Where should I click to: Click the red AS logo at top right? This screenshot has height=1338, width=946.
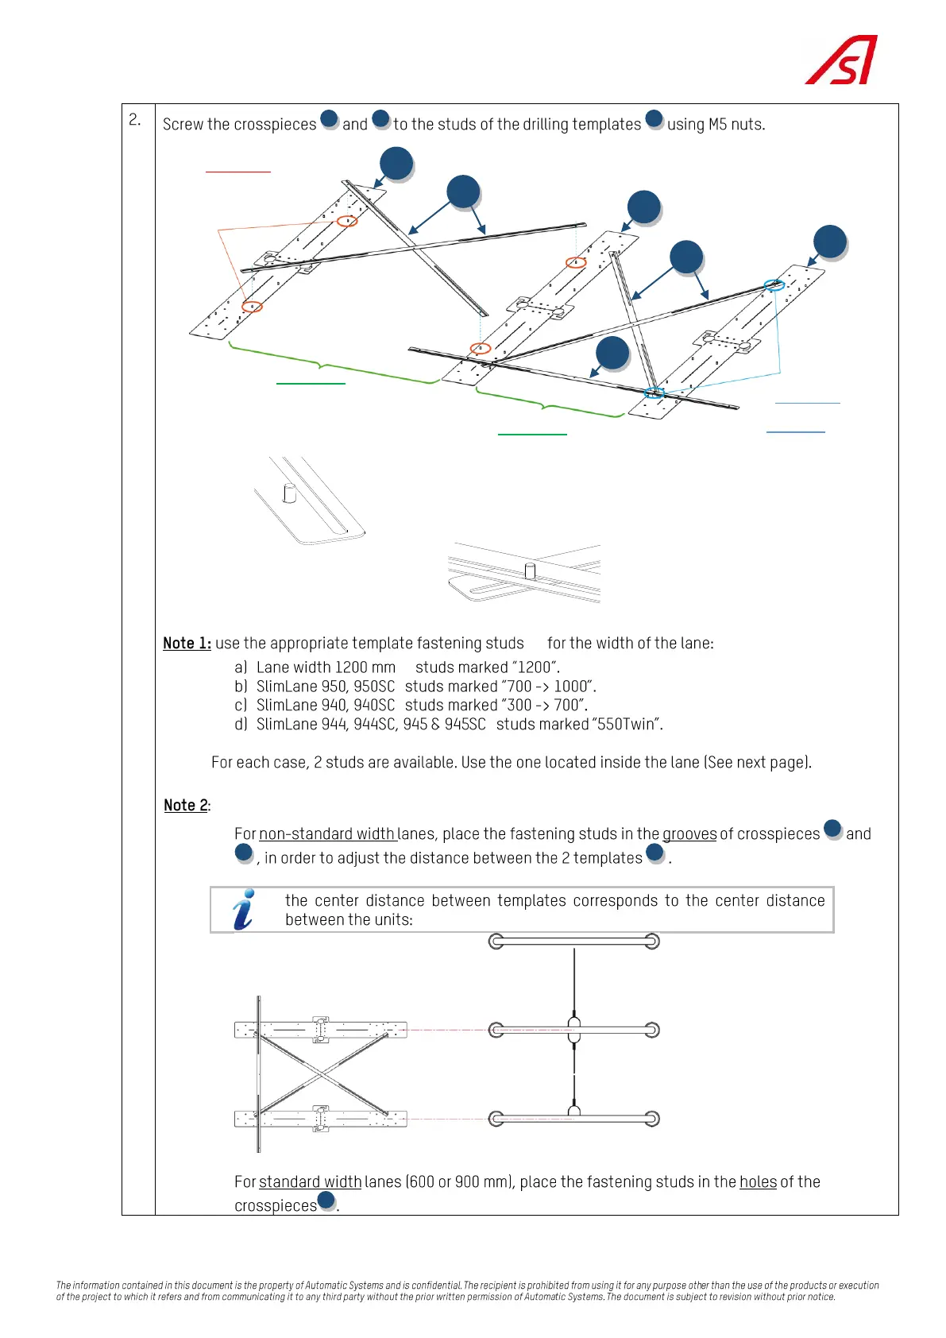[842, 60]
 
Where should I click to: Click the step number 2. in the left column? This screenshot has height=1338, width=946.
[135, 120]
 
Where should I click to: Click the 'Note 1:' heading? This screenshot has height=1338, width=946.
[187, 644]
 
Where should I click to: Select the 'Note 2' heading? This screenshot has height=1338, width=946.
[186, 806]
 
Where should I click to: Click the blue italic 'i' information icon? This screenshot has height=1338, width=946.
[245, 910]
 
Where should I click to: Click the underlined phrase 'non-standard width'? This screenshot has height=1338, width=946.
[326, 834]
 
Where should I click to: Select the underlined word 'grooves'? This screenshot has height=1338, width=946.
[689, 834]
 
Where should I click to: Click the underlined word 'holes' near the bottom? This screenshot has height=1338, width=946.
[758, 1182]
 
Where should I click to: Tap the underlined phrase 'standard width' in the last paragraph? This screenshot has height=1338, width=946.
[310, 1182]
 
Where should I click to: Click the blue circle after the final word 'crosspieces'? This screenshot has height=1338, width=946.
[326, 1201]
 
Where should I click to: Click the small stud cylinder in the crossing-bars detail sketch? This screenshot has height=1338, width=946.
[530, 570]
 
